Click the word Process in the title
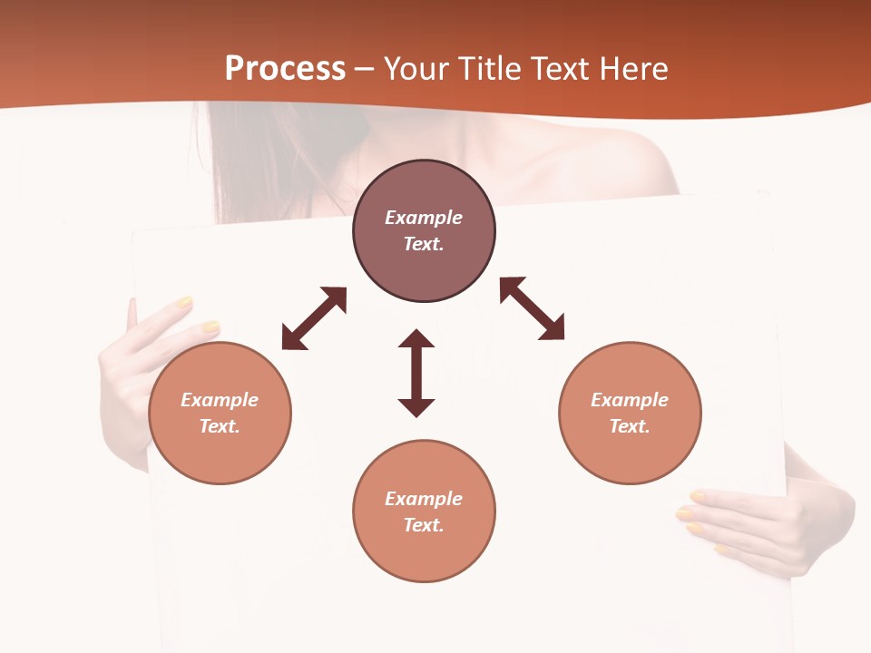[x=285, y=69]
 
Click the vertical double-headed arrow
[x=416, y=374]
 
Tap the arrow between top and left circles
[x=314, y=318]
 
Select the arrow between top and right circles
[x=532, y=308]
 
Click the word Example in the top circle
[x=424, y=218]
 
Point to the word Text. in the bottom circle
[x=424, y=525]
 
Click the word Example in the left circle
[x=220, y=400]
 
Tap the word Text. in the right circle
[x=630, y=426]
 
